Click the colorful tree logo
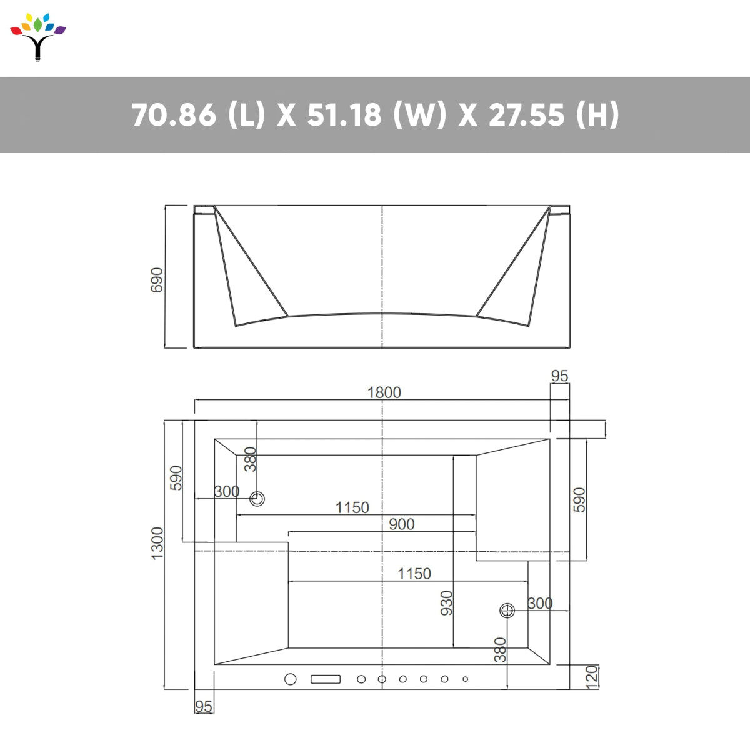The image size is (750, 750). (38, 36)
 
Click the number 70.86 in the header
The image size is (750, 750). (174, 115)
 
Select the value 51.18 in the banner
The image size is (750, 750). (344, 115)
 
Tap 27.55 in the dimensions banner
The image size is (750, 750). (526, 115)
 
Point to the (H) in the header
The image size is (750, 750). (597, 115)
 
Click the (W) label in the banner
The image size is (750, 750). (420, 115)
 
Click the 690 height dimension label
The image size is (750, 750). (157, 279)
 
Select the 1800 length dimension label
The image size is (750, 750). (384, 392)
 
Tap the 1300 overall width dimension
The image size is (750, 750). (157, 543)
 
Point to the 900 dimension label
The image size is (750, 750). (401, 524)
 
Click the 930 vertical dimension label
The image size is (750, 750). (446, 603)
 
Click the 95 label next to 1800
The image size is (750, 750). (559, 376)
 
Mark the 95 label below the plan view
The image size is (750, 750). (204, 706)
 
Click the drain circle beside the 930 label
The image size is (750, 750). (507, 611)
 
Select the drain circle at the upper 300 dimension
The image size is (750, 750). (257, 499)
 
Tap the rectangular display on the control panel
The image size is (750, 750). (326, 679)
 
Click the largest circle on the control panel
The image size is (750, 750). (291, 679)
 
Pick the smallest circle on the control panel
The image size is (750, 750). (465, 679)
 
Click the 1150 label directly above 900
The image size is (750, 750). (352, 507)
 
